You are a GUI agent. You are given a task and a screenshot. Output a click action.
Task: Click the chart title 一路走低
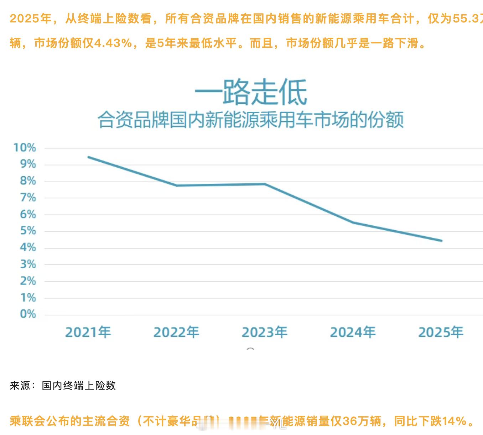(x=251, y=93)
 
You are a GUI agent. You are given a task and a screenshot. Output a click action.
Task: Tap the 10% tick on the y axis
(x=25, y=147)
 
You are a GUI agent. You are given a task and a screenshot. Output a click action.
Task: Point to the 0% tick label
(x=28, y=314)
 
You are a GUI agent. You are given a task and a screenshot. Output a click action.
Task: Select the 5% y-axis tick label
(x=28, y=231)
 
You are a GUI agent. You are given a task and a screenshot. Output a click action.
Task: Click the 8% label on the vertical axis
(x=28, y=181)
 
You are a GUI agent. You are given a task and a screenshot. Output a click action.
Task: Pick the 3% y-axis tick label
(x=28, y=264)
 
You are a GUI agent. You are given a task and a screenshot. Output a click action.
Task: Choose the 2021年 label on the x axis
(x=88, y=332)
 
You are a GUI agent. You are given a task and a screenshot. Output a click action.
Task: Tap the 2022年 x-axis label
(x=176, y=332)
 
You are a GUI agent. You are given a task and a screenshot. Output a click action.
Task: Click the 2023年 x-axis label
(x=264, y=332)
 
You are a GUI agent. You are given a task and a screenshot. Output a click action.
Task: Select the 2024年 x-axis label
(x=353, y=332)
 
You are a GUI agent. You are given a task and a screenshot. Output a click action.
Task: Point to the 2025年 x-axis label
(x=441, y=332)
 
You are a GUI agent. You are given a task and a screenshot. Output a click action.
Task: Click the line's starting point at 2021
(x=88, y=157)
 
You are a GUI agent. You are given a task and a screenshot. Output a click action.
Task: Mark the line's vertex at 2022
(x=177, y=185)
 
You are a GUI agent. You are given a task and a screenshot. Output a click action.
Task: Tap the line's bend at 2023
(x=265, y=184)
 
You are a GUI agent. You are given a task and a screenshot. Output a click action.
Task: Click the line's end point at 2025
(x=441, y=241)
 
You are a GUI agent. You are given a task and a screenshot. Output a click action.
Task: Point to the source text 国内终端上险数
(x=79, y=386)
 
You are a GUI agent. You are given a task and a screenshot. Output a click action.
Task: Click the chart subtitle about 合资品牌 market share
(x=251, y=120)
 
